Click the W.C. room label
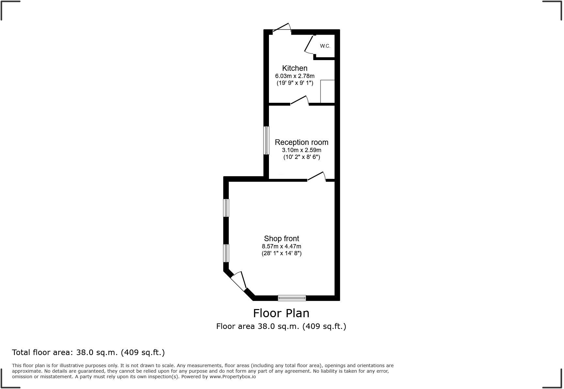[x=325, y=46]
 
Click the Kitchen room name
[x=295, y=68]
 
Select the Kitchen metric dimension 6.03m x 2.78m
[x=295, y=76]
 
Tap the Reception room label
[x=301, y=142]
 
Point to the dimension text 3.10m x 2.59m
[x=301, y=150]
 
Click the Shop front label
[x=281, y=239]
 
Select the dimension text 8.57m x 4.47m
[x=281, y=246]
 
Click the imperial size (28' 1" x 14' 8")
[x=281, y=253]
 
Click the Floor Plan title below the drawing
[x=281, y=313]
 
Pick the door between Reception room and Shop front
[x=316, y=177]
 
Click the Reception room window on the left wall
[x=266, y=140]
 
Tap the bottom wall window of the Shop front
[x=292, y=298]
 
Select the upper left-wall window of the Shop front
[x=226, y=208]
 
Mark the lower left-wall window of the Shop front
[x=226, y=253]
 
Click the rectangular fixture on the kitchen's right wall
[x=327, y=91]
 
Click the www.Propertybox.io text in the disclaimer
[x=233, y=377]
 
